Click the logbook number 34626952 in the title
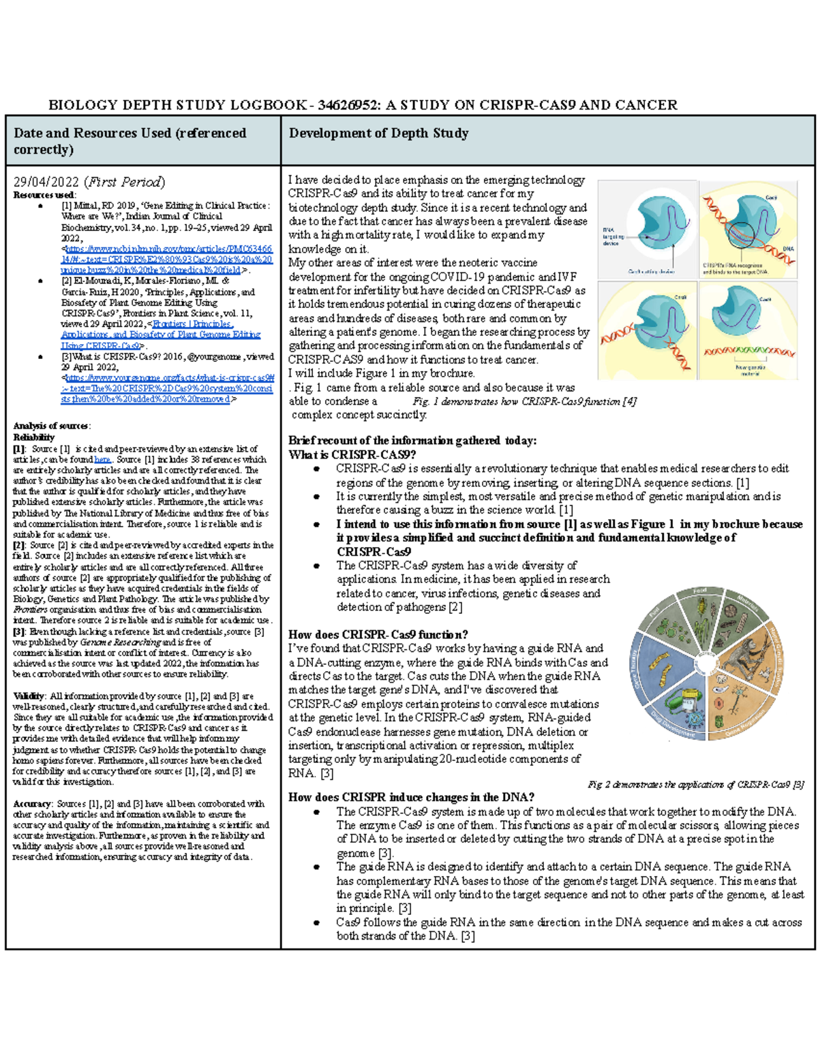(x=346, y=105)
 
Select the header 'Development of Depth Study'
(x=378, y=133)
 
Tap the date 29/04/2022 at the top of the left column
(x=46, y=182)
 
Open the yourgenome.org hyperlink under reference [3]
(x=167, y=388)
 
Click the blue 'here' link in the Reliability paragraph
(x=102, y=460)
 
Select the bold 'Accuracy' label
(x=31, y=804)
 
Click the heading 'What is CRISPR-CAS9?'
(x=352, y=454)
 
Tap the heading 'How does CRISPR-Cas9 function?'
(x=378, y=634)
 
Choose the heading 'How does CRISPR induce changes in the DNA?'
(x=411, y=797)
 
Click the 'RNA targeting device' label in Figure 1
(x=611, y=236)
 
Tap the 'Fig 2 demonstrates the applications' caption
(x=695, y=784)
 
